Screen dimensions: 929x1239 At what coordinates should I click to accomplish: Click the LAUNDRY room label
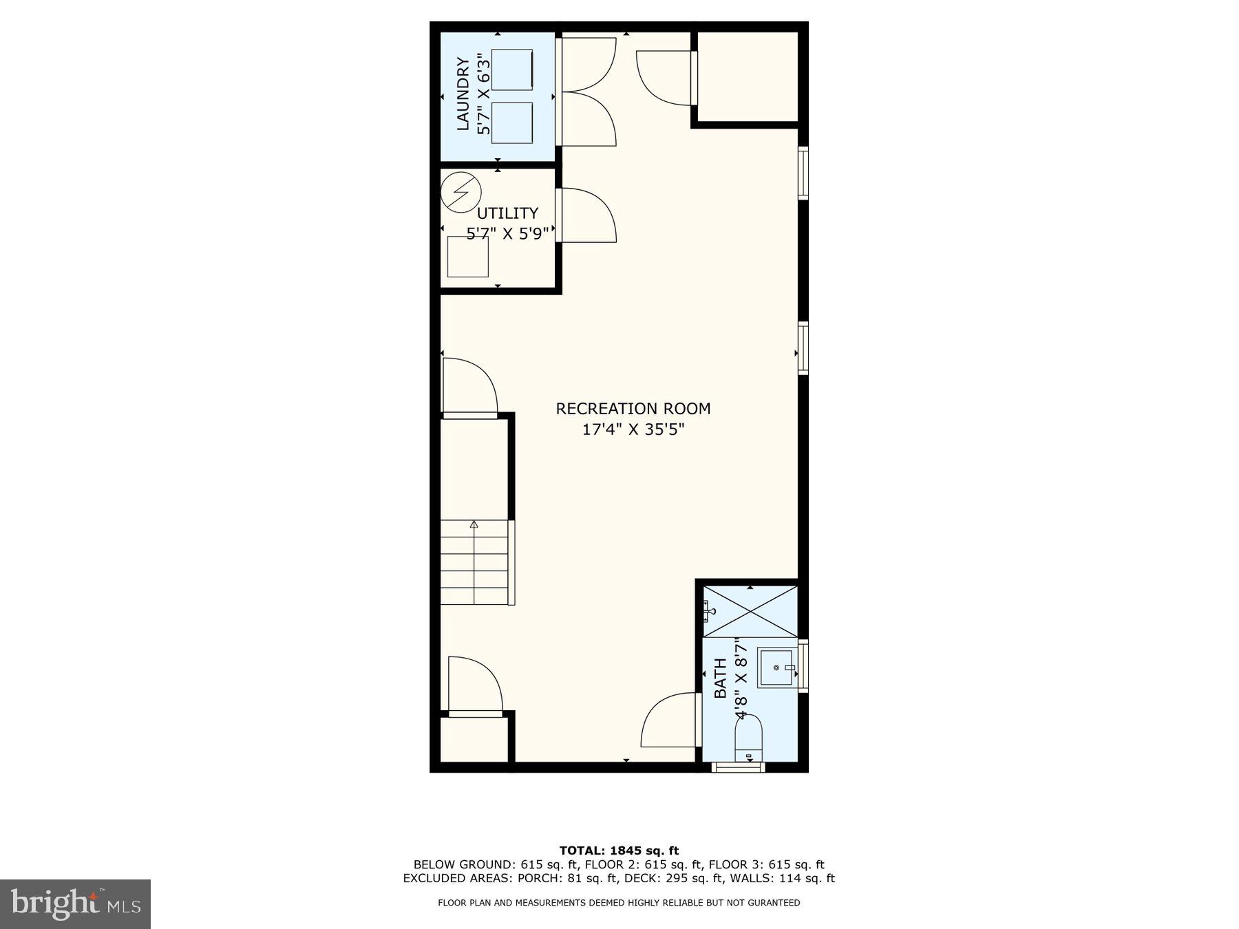pos(463,94)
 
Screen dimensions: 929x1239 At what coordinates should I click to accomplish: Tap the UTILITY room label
pos(507,213)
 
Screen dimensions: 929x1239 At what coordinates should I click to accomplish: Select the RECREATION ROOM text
pos(633,409)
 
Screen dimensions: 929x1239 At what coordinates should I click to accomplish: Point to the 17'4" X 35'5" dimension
pos(633,430)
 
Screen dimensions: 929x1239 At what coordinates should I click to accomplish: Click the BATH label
pos(720,678)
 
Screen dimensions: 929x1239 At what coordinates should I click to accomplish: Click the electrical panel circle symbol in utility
pos(460,192)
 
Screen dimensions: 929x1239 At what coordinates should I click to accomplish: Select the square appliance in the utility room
pos(467,257)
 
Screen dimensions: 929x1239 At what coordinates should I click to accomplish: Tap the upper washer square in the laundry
pos(512,70)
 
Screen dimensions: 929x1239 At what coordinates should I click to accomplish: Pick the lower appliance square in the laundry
pos(512,122)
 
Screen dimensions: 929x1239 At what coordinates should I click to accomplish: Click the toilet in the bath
pos(750,738)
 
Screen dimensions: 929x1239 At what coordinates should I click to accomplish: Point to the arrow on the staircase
pos(474,525)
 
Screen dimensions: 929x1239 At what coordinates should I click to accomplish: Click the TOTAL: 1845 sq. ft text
pos(619,851)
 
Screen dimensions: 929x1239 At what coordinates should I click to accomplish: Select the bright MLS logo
pos(75,904)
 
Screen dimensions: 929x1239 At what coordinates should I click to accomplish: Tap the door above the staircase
pos(469,387)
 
